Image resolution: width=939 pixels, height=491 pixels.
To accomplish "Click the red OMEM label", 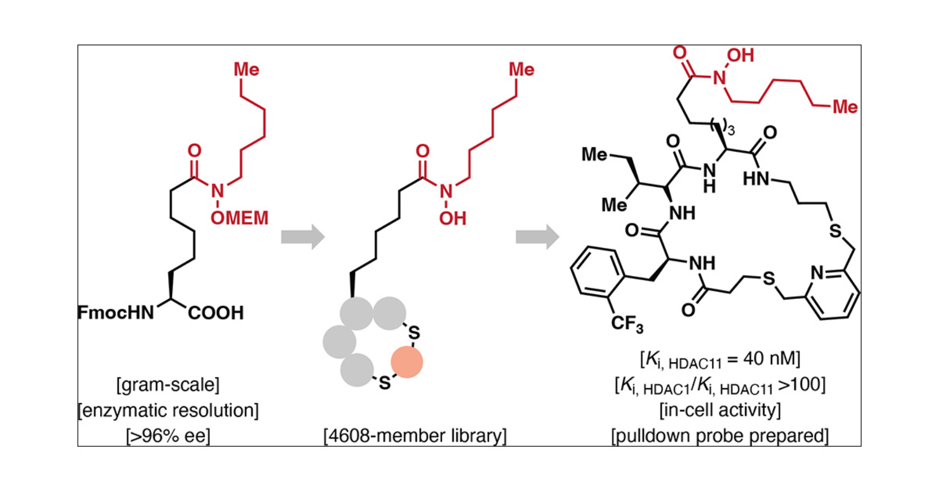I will (x=239, y=218).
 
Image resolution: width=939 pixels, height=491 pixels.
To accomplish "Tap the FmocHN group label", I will (x=115, y=313).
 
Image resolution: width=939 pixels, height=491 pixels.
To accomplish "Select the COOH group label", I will (x=216, y=313).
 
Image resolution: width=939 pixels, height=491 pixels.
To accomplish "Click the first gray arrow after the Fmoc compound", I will (x=303, y=237).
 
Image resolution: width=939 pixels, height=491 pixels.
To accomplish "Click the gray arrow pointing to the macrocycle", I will (x=537, y=237).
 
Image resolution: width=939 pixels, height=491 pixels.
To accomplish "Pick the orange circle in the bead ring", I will (x=407, y=362).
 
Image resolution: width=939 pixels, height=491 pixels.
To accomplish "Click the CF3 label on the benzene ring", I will (x=627, y=324).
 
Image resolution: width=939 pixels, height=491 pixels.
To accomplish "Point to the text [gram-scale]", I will (x=168, y=385).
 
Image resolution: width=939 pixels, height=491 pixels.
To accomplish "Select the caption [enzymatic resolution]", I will (x=168, y=411).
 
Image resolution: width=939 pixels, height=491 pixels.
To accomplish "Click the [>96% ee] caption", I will (x=168, y=436).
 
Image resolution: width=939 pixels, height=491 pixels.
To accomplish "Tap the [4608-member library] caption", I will (x=415, y=436).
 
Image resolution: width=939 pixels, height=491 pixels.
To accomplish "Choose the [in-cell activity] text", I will (x=720, y=410).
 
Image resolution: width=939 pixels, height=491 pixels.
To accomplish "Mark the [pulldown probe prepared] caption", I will (x=720, y=436).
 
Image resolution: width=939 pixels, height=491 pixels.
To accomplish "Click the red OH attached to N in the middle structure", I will (x=453, y=219).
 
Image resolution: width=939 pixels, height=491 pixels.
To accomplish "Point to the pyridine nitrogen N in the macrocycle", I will (x=817, y=272).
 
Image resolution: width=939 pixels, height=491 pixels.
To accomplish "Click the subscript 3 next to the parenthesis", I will (x=731, y=130).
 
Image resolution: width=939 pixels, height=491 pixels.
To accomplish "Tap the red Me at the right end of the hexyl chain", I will (x=845, y=107).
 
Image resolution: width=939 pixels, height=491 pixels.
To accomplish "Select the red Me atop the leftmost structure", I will (x=246, y=69).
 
